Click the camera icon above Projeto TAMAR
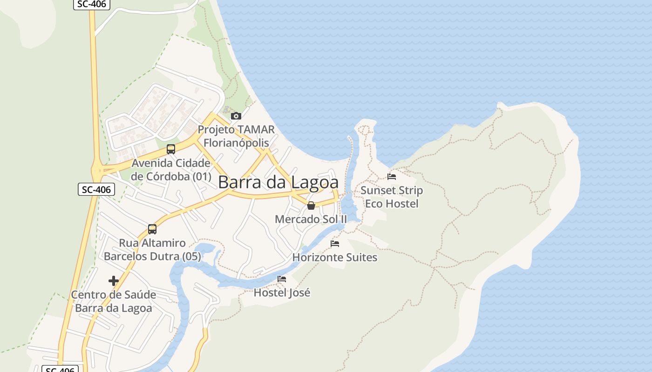point(236,116)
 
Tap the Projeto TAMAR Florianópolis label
point(236,136)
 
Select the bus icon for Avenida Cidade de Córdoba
point(171,149)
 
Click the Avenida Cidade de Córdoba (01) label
point(171,170)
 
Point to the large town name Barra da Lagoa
point(278,182)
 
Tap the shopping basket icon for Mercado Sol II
point(311,206)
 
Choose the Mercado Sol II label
point(311,219)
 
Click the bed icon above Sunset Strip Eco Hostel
point(392,177)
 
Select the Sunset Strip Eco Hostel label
point(392,197)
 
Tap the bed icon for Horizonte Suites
point(335,244)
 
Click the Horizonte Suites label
point(335,257)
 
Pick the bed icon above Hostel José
point(282,279)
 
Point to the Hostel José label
point(282,292)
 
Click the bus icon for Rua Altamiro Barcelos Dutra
point(152,229)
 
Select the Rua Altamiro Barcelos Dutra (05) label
point(152,250)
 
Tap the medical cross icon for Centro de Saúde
point(114,281)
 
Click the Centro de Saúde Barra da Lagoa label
point(114,301)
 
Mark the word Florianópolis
point(236,142)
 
